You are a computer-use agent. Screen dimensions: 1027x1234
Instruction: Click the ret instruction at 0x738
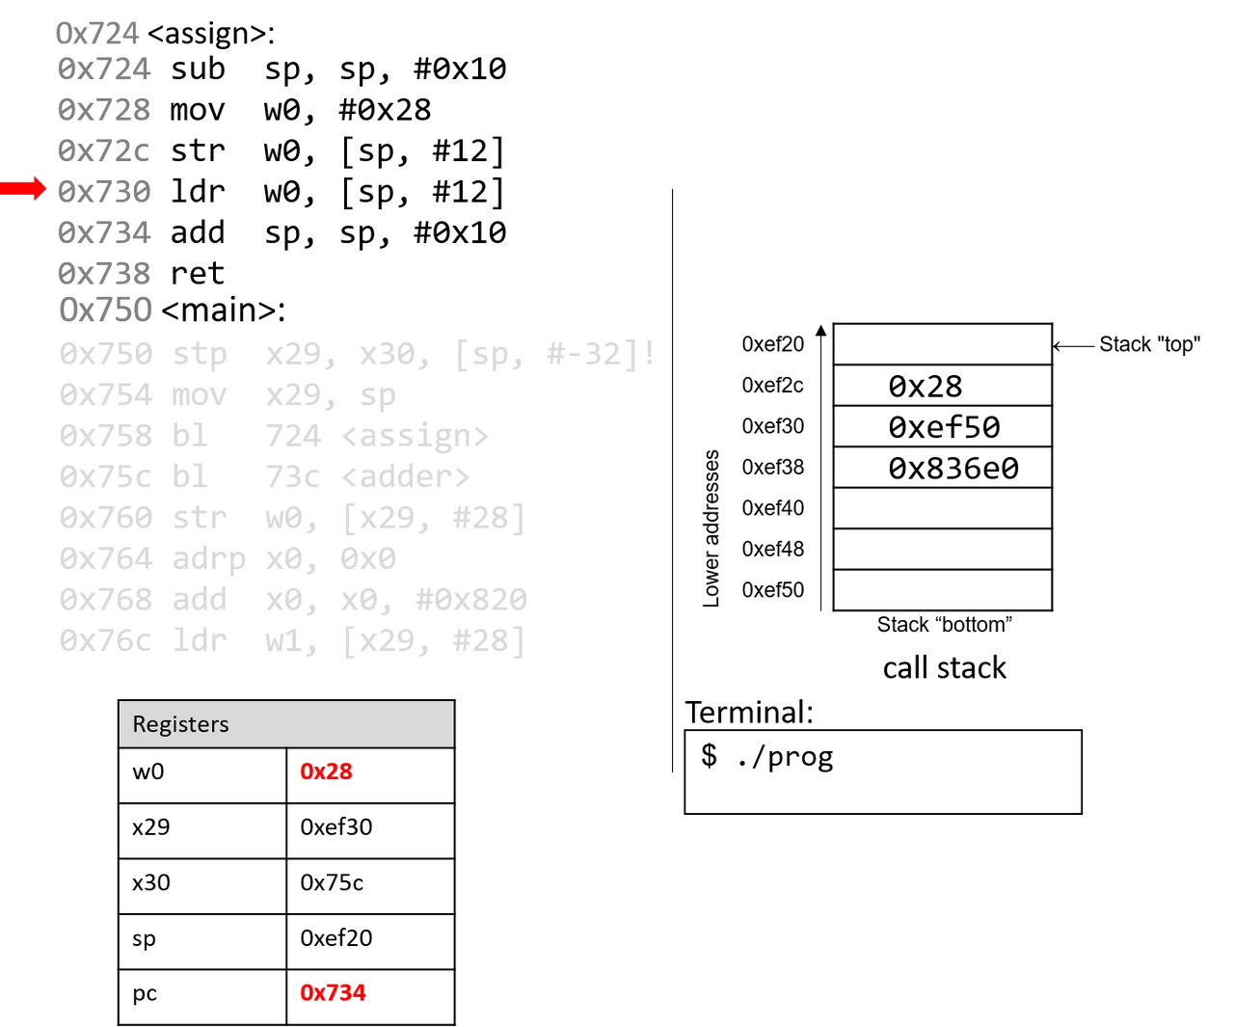pos(197,274)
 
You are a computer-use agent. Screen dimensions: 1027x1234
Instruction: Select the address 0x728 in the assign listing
pos(104,110)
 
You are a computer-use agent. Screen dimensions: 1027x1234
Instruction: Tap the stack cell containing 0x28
pos(942,386)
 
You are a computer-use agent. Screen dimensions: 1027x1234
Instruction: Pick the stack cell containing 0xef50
pos(942,426)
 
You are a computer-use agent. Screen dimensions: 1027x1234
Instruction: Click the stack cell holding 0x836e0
pos(942,468)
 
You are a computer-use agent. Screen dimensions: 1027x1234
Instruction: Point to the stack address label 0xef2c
pos(772,386)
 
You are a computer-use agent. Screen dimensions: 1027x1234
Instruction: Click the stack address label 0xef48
pos(772,549)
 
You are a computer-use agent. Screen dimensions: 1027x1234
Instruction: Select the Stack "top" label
pos(1149,344)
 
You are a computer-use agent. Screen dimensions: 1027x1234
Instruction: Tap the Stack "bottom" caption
pos(944,625)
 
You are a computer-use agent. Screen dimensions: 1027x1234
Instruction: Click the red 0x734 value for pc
pos(333,993)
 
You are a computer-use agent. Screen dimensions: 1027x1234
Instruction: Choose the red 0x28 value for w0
pos(326,771)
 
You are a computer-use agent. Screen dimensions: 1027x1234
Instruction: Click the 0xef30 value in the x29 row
pos(335,827)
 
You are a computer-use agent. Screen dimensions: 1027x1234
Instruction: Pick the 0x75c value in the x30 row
pos(332,882)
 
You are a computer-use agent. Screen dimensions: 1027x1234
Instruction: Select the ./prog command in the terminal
pos(784,757)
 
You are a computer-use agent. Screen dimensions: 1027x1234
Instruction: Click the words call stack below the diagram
pos(944,667)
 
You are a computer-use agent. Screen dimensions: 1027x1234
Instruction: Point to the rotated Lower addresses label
pos(711,527)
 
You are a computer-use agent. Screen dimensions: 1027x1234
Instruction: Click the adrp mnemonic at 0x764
pos(208,559)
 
